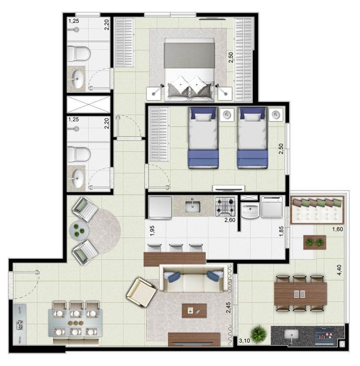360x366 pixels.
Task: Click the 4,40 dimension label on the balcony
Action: point(339,270)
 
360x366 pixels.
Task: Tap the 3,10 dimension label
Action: point(244,341)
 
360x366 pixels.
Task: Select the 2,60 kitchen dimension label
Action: point(230,220)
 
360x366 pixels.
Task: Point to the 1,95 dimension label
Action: point(152,231)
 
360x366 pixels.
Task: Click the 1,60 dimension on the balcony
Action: point(338,229)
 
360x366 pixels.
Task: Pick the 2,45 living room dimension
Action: point(228,308)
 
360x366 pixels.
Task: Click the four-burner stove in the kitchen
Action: point(225,206)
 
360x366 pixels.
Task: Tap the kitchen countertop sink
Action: point(193,206)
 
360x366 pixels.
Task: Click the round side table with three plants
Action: point(79,231)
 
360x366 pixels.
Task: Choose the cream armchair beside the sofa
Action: point(141,292)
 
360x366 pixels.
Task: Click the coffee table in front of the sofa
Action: point(194,311)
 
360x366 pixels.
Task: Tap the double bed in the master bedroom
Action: point(189,69)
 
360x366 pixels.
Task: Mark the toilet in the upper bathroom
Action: point(79,54)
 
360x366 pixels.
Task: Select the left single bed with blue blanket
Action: point(203,138)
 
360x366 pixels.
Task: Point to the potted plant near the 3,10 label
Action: point(258,335)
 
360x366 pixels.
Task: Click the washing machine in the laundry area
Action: point(272,206)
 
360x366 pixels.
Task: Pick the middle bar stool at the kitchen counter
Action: point(176,248)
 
